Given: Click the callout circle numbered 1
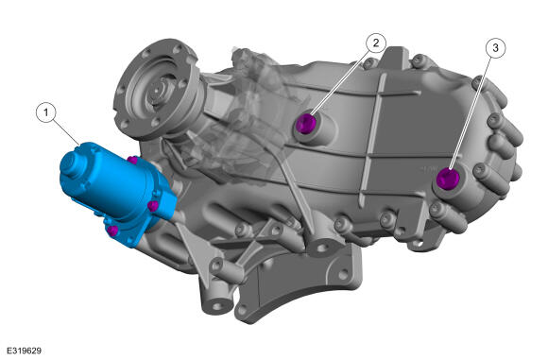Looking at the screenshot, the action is (45, 112).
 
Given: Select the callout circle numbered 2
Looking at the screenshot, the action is (376, 43).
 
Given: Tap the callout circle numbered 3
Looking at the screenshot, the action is (495, 48).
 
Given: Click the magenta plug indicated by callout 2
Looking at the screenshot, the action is (306, 124).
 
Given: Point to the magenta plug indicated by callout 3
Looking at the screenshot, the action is (448, 179).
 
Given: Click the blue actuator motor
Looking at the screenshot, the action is (117, 191).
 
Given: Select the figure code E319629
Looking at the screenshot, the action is (25, 351).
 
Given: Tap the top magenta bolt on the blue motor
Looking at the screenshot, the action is (132, 161).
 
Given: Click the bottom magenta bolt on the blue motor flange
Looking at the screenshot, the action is (112, 231).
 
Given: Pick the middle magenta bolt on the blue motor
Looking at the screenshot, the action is (153, 206).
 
